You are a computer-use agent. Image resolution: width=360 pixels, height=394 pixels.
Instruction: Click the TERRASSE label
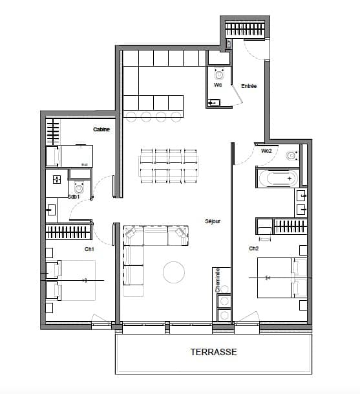pyautogui.click(x=213, y=353)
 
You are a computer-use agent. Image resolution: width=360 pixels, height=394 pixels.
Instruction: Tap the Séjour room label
pyautogui.click(x=213, y=221)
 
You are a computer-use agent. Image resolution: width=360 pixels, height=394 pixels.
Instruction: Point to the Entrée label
pyautogui.click(x=249, y=86)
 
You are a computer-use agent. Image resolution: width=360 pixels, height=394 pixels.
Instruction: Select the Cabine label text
pyautogui.click(x=101, y=130)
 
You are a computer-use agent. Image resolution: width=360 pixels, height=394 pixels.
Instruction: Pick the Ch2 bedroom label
pyautogui.click(x=253, y=248)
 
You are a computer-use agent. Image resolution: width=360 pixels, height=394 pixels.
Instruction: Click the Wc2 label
pyautogui.click(x=266, y=151)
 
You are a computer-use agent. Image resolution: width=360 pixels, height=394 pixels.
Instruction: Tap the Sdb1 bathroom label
pyautogui.click(x=74, y=196)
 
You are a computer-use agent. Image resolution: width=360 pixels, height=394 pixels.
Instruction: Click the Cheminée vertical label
pyautogui.click(x=218, y=280)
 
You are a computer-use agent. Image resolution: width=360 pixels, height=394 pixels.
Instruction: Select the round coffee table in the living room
pyautogui.click(x=175, y=272)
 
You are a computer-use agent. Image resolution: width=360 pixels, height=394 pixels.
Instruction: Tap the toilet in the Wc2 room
pyautogui.click(x=291, y=155)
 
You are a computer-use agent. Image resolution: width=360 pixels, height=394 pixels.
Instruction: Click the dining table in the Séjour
pyautogui.click(x=169, y=165)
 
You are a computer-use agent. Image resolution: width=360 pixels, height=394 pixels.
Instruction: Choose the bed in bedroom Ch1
pyautogui.click(x=70, y=280)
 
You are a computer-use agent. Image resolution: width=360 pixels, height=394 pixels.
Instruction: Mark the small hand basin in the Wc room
pyautogui.click(x=214, y=102)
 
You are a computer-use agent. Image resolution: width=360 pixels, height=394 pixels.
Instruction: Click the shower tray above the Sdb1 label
pyautogui.click(x=57, y=179)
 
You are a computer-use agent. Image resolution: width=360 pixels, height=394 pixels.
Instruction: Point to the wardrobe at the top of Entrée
pyautogui.click(x=245, y=30)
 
